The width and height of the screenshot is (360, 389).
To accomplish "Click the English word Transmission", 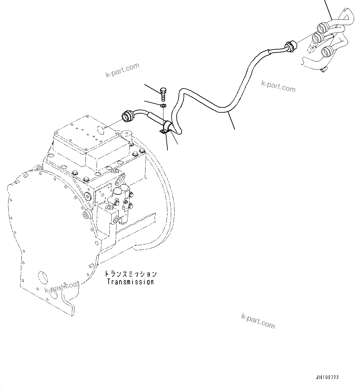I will click(130, 282).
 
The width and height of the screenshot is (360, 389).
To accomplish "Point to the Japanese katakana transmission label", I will click(130, 274).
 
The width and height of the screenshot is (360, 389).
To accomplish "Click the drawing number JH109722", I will click(327, 377).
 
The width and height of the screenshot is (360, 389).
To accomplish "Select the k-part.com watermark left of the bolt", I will click(122, 70).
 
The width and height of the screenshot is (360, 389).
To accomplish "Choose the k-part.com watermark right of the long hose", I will click(278, 86).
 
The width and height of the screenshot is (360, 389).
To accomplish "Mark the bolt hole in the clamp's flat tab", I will click(162, 132).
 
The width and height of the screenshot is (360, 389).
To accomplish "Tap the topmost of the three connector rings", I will click(322, 28).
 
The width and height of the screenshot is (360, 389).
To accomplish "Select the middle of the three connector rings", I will click(318, 38).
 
